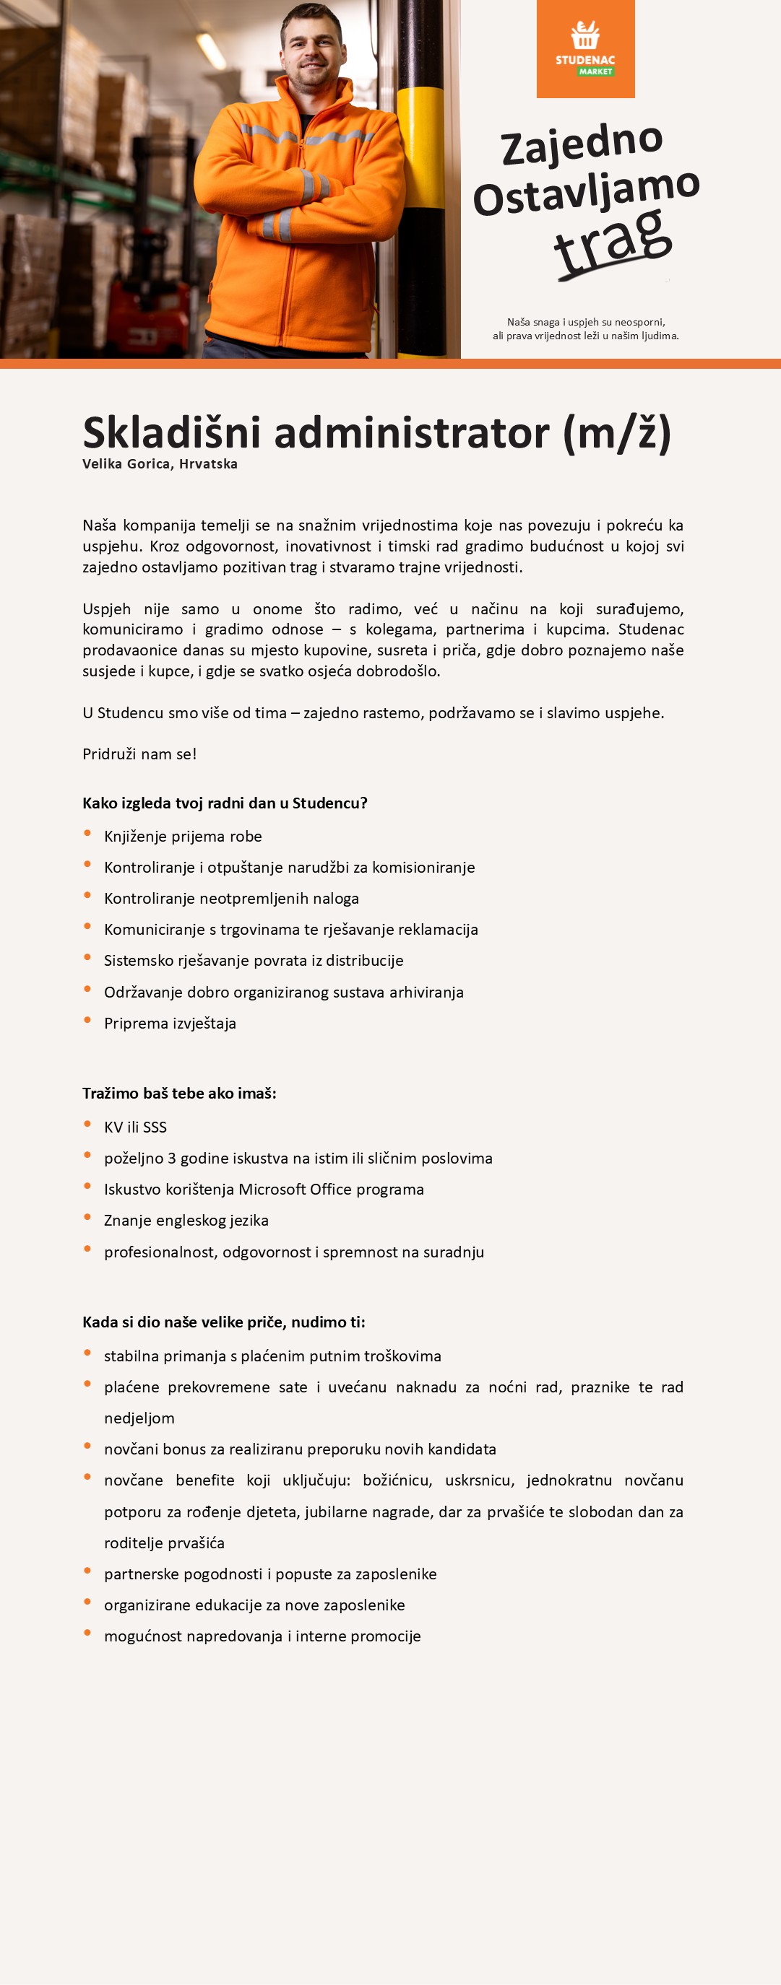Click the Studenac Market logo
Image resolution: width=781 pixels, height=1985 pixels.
585,48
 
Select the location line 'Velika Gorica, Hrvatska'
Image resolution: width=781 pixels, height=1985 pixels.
160,464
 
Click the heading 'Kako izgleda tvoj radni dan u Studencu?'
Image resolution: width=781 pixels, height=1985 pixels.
225,803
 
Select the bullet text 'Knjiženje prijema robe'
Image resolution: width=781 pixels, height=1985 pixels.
183,836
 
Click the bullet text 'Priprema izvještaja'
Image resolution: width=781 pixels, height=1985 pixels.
170,1024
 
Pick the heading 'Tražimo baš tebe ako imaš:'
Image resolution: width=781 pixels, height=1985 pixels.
179,1093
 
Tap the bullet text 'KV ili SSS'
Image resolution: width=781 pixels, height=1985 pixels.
135,1127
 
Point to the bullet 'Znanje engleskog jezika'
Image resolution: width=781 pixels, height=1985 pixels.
186,1220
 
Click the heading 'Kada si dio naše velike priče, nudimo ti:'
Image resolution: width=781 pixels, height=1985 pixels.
223,1322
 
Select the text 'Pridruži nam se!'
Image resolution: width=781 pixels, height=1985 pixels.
139,754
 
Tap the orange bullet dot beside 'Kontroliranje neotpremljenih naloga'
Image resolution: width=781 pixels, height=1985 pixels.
87,895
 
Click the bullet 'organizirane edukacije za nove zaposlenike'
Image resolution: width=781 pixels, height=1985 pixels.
254,1605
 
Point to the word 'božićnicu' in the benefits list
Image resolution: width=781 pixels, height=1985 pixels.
397,1480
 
